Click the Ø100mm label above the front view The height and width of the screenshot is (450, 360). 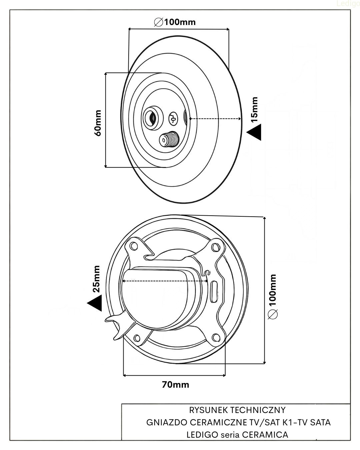pyautogui.click(x=175, y=22)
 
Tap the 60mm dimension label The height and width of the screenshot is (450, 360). pyautogui.click(x=98, y=123)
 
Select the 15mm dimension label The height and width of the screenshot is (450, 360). pyautogui.click(x=254, y=110)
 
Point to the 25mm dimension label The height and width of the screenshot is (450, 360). pyautogui.click(x=96, y=279)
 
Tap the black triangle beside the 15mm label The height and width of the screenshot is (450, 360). pyautogui.click(x=254, y=132)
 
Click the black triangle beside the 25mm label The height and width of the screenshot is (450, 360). pyautogui.click(x=95, y=303)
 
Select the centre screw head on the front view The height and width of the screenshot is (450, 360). pyautogui.click(x=173, y=119)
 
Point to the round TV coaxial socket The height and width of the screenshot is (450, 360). pyautogui.click(x=152, y=118)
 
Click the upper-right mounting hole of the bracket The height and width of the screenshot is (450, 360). pyautogui.click(x=215, y=248)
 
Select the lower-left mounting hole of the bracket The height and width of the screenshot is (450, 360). pyautogui.click(x=137, y=338)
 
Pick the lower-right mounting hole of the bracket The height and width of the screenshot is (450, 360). pyautogui.click(x=216, y=337)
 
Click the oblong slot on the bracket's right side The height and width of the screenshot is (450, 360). pyautogui.click(x=214, y=292)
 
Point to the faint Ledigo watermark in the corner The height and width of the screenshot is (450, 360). pyautogui.click(x=348, y=4)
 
